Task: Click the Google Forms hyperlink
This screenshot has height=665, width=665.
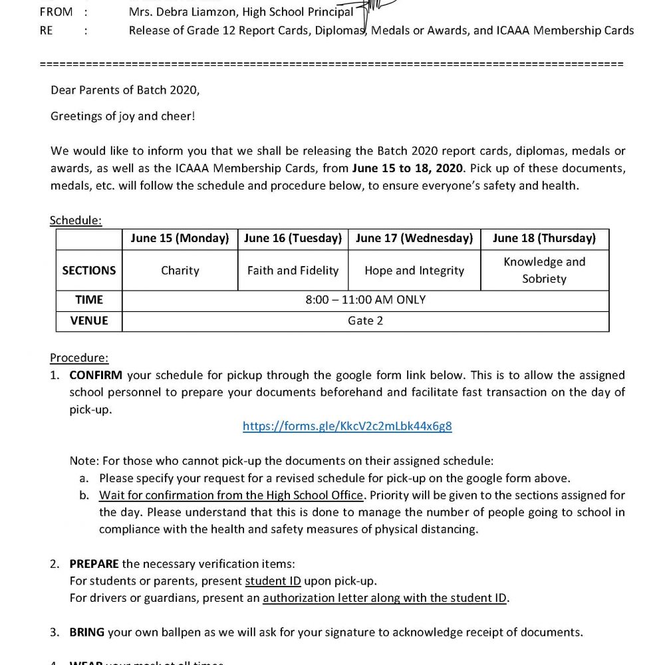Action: [x=347, y=426]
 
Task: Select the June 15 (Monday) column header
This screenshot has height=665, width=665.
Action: [x=180, y=238]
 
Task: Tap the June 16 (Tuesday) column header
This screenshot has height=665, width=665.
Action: [x=293, y=238]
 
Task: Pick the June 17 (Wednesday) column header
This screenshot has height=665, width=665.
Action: [x=414, y=238]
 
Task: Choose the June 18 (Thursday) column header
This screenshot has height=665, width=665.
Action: [x=544, y=238]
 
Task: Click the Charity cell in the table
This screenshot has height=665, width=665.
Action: [x=180, y=271]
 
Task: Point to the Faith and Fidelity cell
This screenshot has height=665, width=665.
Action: [x=293, y=271]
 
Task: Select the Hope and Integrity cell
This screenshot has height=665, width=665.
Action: [x=414, y=271]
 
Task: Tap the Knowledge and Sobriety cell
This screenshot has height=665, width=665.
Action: [x=544, y=270]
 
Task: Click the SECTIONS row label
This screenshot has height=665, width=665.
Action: [x=89, y=271]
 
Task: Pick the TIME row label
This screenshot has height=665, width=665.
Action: [x=89, y=300]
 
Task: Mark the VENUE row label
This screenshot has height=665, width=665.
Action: [x=89, y=321]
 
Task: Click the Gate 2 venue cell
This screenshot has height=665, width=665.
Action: [x=365, y=321]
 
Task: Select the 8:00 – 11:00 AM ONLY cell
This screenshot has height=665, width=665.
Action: [x=365, y=300]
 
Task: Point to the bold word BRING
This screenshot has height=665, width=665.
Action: [x=86, y=632]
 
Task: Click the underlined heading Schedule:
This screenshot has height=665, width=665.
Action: [x=76, y=220]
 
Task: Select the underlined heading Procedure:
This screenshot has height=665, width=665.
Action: [x=79, y=358]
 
